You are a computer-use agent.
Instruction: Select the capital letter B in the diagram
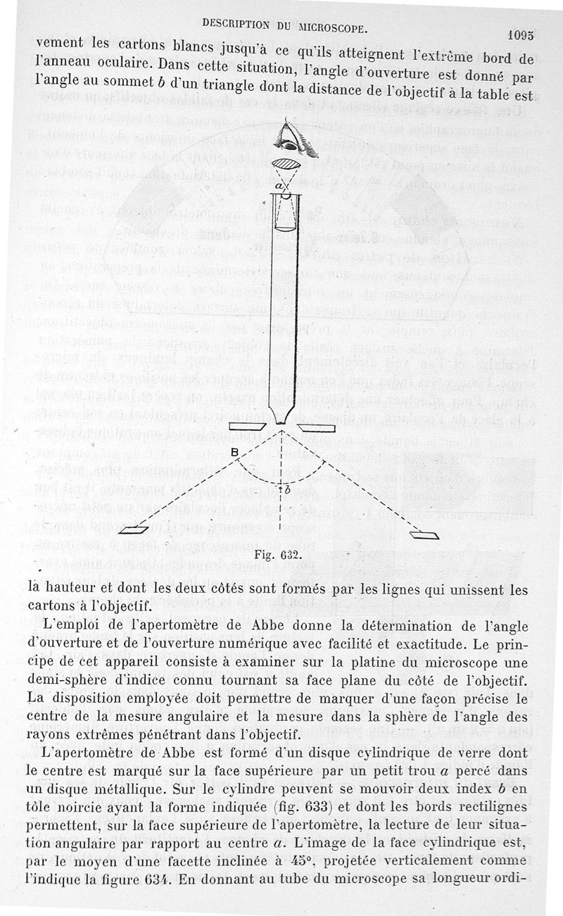pyautogui.click(x=234, y=453)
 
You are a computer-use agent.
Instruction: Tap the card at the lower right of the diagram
pyautogui.click(x=424, y=533)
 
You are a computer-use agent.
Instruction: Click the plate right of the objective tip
pyautogui.click(x=312, y=427)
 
